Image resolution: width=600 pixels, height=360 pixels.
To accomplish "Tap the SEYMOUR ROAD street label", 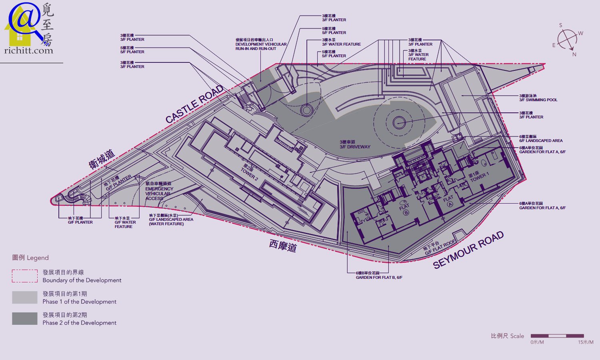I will [x=468, y=250].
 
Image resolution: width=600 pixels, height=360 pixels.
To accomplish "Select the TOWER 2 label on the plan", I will [x=249, y=174].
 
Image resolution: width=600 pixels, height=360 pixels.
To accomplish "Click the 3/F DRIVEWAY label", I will [x=355, y=145].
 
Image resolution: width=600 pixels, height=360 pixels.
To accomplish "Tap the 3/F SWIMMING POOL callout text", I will [x=538, y=98].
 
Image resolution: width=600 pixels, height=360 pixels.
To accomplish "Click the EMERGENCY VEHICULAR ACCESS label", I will [x=159, y=191].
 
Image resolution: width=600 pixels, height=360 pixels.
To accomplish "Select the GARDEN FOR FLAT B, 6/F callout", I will [x=379, y=276].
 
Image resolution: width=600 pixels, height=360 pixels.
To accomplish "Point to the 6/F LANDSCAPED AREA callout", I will [x=540, y=139].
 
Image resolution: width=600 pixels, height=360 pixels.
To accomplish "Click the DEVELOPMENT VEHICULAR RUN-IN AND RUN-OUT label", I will [x=260, y=44].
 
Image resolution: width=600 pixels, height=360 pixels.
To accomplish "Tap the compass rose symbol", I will [x=567, y=40].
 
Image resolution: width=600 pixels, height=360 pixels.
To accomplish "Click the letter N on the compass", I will [x=574, y=54].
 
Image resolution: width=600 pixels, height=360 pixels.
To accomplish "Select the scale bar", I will [x=557, y=336].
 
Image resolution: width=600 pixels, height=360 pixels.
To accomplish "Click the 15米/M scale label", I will [x=585, y=342].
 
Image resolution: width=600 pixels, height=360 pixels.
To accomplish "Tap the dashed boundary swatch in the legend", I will [x=24, y=276].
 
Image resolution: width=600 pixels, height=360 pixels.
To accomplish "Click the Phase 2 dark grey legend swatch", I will [x=24, y=318].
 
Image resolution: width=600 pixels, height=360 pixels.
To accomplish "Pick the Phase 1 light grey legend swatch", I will [x=24, y=297].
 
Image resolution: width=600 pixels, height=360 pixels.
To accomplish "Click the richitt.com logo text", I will [x=28, y=50].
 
